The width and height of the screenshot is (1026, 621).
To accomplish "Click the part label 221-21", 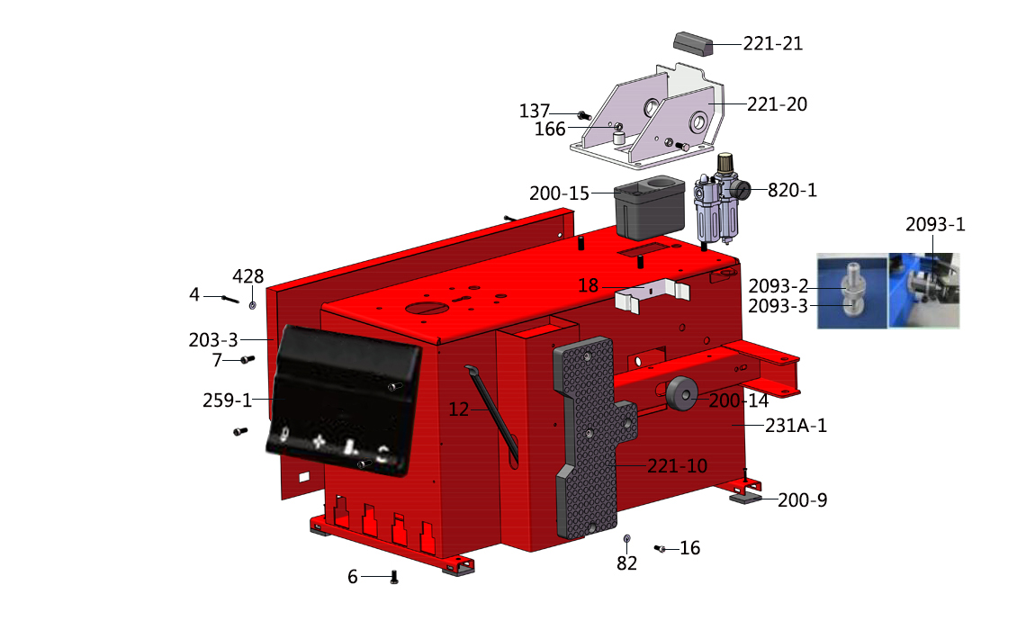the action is (x=773, y=43).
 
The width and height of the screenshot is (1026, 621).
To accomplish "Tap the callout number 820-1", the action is (x=792, y=191).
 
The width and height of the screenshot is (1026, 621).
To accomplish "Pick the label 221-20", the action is (x=778, y=104).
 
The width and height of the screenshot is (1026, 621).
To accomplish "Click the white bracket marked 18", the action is (x=652, y=295).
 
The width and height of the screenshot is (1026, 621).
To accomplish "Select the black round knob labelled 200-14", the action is (x=682, y=393).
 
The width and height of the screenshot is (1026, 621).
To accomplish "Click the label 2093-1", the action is (x=935, y=224).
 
